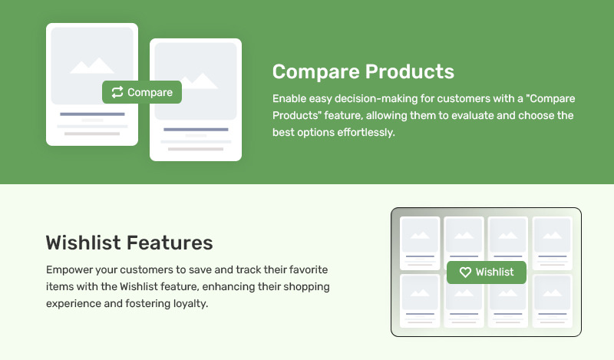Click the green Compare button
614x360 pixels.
[x=142, y=92]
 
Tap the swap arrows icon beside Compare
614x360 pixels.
[x=117, y=92]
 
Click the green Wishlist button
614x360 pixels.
[x=487, y=272]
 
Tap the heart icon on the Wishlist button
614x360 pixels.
[x=465, y=272]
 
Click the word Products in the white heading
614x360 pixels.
[x=410, y=71]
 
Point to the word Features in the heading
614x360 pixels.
[x=170, y=243]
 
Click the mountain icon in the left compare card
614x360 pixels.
[x=92, y=65]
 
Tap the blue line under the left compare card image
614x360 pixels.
[x=92, y=114]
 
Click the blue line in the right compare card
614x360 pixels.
[x=196, y=129]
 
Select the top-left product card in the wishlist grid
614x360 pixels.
[x=420, y=243]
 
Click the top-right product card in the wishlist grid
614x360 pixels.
[x=553, y=243]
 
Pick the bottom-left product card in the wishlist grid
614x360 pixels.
[x=420, y=301]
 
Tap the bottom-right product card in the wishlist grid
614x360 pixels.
[x=553, y=301]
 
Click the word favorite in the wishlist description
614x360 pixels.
[x=309, y=270]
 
